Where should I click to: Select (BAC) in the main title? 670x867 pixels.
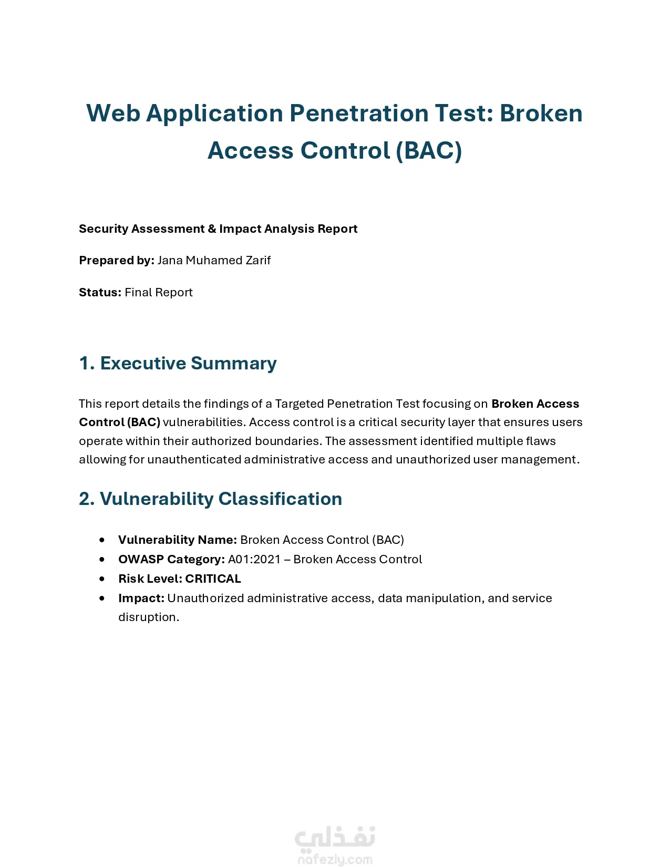tap(429, 151)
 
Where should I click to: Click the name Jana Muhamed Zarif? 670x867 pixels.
tap(214, 261)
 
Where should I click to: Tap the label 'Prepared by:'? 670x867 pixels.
tap(116, 261)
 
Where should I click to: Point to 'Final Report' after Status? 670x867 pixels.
tap(159, 293)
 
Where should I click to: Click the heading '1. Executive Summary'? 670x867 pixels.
tap(178, 364)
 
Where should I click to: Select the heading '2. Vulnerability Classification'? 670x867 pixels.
tap(210, 499)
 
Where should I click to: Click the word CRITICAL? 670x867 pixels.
tap(213, 579)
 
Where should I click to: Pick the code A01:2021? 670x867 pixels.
tap(254, 560)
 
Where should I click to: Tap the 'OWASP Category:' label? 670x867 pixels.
tap(171, 560)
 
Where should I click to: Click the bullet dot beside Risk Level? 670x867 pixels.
tap(102, 579)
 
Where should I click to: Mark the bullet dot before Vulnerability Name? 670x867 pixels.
tap(102, 540)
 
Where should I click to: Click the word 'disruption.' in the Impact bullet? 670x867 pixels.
tap(149, 617)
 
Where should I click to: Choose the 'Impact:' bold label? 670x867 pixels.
tap(141, 598)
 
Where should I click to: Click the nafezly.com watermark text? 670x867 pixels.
tap(335, 860)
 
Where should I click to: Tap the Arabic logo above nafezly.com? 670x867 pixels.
tap(335, 838)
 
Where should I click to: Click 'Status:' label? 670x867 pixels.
tap(100, 293)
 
